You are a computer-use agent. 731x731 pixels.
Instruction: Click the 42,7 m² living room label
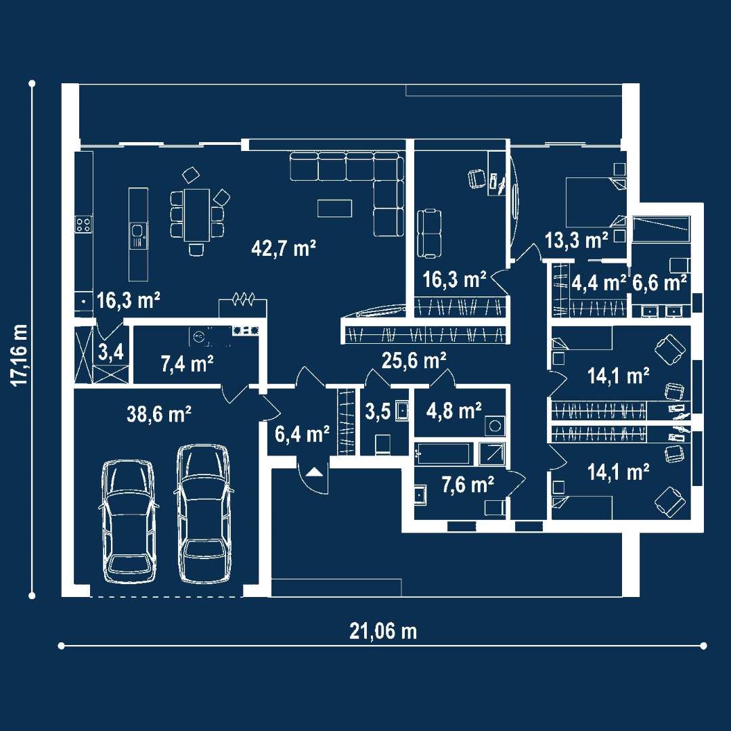click(x=284, y=248)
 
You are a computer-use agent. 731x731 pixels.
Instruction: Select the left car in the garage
click(x=127, y=520)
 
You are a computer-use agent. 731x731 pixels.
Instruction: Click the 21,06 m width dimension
click(x=383, y=632)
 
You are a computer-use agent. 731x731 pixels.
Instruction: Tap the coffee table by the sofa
click(x=334, y=208)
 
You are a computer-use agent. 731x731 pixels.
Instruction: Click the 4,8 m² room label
click(x=454, y=409)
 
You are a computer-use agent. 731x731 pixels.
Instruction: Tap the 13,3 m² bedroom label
click(x=576, y=239)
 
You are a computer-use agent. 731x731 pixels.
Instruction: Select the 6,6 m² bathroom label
click(x=659, y=282)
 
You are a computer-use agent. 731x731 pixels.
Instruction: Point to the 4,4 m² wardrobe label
click(x=599, y=282)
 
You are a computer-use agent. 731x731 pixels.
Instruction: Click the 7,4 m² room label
click(x=187, y=364)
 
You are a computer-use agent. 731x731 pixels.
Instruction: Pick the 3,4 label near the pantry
click(x=110, y=351)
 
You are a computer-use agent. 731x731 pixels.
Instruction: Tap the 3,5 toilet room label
click(x=378, y=411)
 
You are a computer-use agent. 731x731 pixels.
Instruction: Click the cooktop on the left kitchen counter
click(x=83, y=225)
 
